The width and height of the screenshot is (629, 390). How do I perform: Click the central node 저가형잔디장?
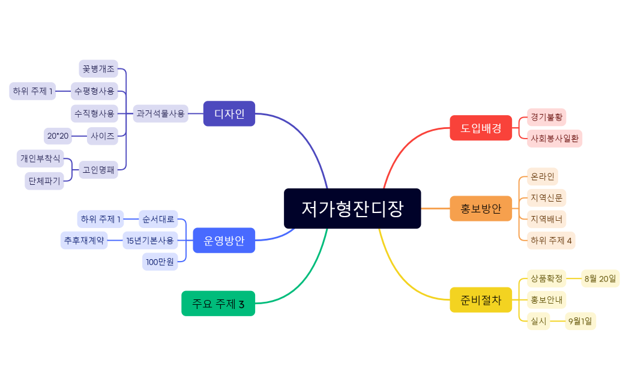point(352,209)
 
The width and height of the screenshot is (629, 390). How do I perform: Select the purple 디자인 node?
point(229,113)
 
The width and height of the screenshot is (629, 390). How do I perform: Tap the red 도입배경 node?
point(481,128)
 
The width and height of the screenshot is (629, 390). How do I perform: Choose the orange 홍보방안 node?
point(481,209)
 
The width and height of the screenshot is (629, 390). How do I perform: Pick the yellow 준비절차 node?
point(481,300)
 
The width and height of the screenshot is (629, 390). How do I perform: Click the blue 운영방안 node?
point(224,241)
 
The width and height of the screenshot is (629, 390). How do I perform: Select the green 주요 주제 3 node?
point(218,304)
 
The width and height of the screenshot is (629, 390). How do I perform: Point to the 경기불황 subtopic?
point(546,117)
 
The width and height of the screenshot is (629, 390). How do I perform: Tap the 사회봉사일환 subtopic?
point(555,138)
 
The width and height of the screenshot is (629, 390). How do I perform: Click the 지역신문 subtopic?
point(546,197)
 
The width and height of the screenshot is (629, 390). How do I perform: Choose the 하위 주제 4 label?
point(551,241)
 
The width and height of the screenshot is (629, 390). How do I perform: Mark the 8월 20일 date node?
point(600,278)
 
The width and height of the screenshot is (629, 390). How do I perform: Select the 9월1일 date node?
point(580,321)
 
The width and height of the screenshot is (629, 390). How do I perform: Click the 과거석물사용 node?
point(160,113)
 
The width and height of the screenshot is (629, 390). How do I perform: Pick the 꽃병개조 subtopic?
point(98,68)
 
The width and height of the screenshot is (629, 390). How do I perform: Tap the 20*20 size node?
point(58,136)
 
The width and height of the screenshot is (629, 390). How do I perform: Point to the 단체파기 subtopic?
point(44,181)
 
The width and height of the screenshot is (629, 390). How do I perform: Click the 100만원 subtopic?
point(160,262)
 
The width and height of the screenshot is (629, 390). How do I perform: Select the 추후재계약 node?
point(84,241)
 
